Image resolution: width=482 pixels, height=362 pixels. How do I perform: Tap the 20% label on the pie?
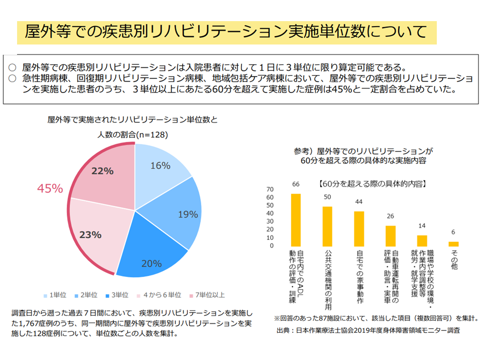151,263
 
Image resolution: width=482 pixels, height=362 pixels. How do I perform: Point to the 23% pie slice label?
91,234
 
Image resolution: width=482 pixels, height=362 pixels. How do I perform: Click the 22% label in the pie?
102,171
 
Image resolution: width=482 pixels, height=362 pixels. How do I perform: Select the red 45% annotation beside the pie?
50,189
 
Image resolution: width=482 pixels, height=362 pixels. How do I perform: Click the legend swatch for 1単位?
45,295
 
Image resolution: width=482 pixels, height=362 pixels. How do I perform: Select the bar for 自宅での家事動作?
359,229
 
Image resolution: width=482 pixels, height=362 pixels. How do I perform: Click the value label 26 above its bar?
391,216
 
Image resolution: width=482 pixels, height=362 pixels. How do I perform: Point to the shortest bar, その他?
453,244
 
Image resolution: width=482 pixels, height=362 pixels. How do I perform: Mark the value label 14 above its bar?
422,226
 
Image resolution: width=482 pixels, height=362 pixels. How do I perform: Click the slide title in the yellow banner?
226,33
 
